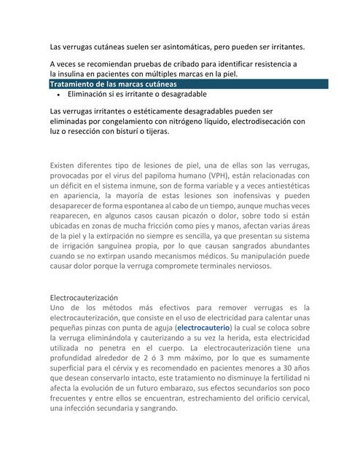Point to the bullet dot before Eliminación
(x=58, y=95)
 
